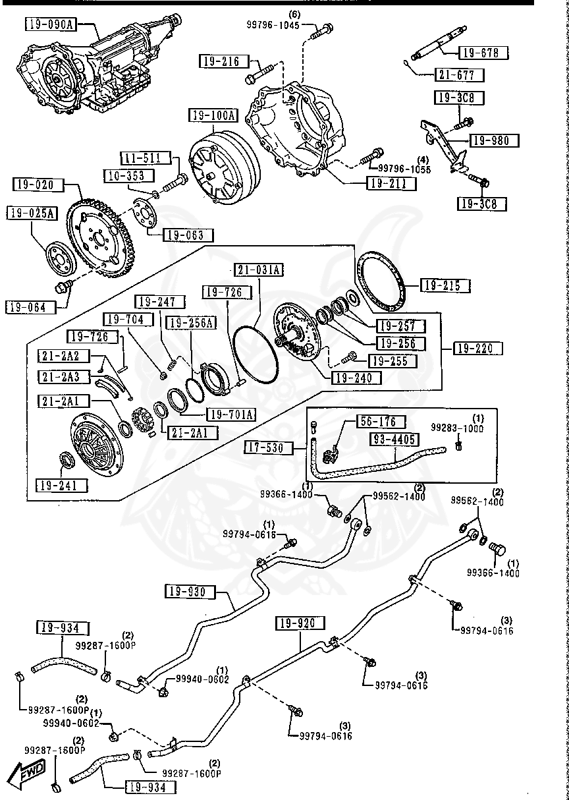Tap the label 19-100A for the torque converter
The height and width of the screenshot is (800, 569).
[x=214, y=116]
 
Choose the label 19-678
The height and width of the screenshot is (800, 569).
[x=479, y=53]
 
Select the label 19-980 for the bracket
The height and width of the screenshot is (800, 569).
[x=493, y=140]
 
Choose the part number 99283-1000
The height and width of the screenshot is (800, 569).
[x=457, y=428]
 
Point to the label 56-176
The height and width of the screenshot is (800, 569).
[x=381, y=421]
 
